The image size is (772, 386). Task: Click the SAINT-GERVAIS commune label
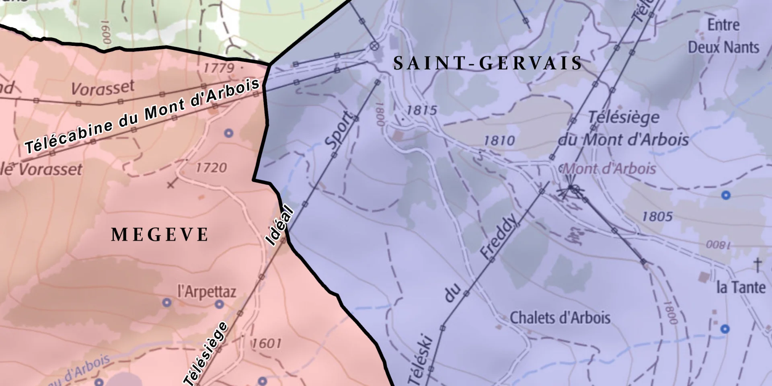pyautogui.click(x=488, y=64)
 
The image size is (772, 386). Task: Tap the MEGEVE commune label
pyautogui.click(x=160, y=235)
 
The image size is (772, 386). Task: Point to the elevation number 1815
pyautogui.click(x=421, y=110)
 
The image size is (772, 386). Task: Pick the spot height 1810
pyautogui.click(x=499, y=140)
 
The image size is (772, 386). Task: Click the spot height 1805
pyautogui.click(x=657, y=217)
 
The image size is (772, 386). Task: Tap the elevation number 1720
pyautogui.click(x=211, y=167)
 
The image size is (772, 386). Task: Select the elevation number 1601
pyautogui.click(x=266, y=343)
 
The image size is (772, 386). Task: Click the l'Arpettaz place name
pyautogui.click(x=207, y=292)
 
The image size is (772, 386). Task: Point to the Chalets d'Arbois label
pyautogui.click(x=560, y=318)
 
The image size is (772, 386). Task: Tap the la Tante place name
pyautogui.click(x=741, y=287)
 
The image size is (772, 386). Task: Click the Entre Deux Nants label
pyautogui.click(x=723, y=36)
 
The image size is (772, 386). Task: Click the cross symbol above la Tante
pyautogui.click(x=757, y=265)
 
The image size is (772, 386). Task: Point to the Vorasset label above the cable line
pyautogui.click(x=103, y=88)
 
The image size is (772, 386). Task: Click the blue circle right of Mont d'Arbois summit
pyautogui.click(x=725, y=195)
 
